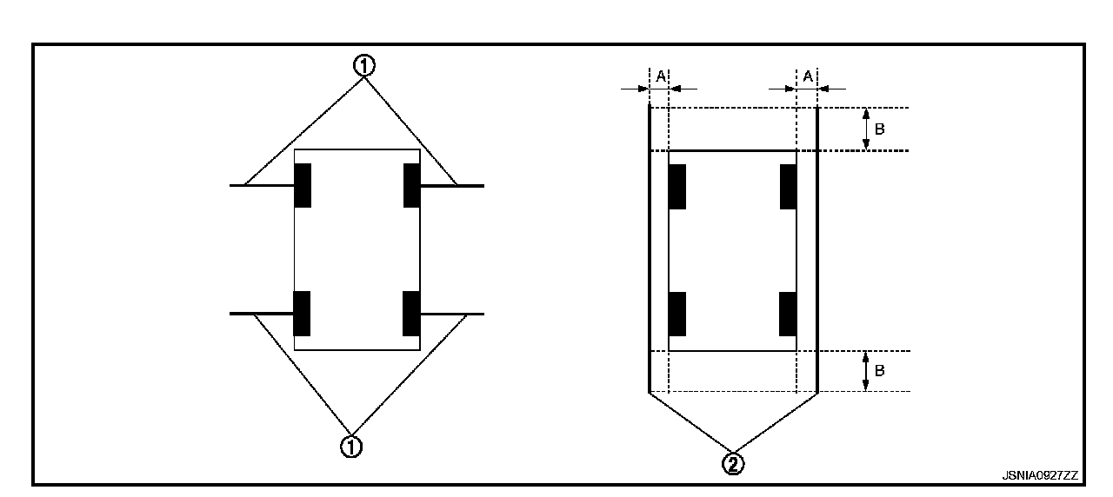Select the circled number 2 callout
tap(735, 464)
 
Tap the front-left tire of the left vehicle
tap(303, 185)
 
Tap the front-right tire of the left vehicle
tap(412, 185)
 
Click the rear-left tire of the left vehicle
tap(303, 313)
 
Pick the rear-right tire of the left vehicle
tap(412, 313)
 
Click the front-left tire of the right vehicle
tap(677, 186)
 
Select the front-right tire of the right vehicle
tap(788, 186)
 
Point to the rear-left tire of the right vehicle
tap(677, 314)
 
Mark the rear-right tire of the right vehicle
tap(788, 314)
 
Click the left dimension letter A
tap(660, 76)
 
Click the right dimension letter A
tap(808, 76)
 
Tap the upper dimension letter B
tap(880, 129)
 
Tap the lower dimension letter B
tap(880, 371)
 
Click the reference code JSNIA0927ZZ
tap(1039, 475)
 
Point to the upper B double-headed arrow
tap(865, 129)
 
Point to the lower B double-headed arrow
tap(865, 371)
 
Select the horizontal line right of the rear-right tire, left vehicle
tap(452, 313)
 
